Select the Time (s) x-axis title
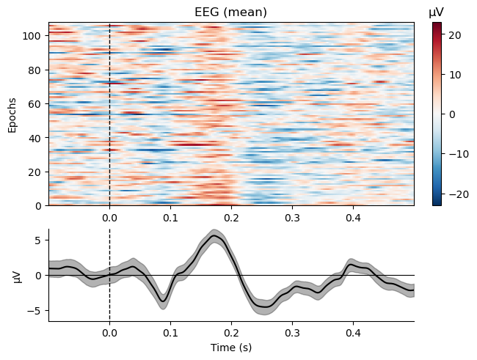[x=231, y=347]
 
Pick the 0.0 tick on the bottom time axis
[x=109, y=333]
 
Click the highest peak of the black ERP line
[x=214, y=235]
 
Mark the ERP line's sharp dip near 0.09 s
[x=164, y=300]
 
